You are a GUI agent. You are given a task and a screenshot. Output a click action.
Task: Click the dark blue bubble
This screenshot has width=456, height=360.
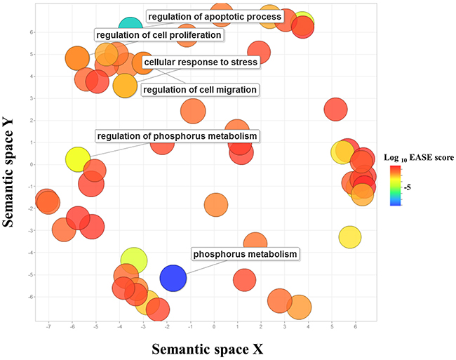173,278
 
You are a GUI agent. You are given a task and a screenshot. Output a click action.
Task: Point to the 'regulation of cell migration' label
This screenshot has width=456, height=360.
199,89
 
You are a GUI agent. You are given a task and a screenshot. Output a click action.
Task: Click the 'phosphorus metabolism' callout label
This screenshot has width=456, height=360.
245,254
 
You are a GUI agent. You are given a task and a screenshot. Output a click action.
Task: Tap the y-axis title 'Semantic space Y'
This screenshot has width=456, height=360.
12,166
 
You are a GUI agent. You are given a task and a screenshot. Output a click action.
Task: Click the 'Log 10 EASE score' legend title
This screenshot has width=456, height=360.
418,158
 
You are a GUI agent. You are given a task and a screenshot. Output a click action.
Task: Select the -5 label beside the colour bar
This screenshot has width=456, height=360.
409,187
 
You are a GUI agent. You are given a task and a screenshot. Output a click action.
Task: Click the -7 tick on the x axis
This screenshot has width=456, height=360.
48,326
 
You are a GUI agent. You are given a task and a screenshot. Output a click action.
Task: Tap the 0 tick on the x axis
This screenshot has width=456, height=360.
214,326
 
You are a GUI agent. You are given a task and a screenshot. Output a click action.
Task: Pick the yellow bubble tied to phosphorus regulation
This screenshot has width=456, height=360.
79,160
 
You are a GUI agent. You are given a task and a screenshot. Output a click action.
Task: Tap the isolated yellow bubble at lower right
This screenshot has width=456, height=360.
351,236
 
